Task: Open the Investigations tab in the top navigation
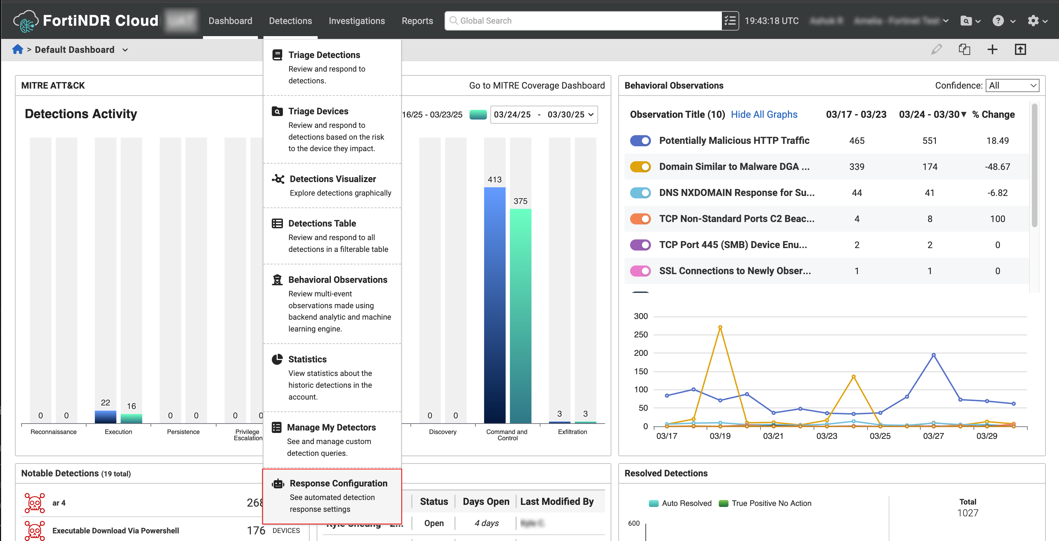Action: pyautogui.click(x=357, y=21)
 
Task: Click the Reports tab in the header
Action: pyautogui.click(x=417, y=21)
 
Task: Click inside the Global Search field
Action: pyautogui.click(x=584, y=21)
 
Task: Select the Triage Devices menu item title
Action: pyautogui.click(x=318, y=112)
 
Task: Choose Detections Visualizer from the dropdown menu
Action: pyautogui.click(x=333, y=179)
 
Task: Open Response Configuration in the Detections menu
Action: pyautogui.click(x=338, y=483)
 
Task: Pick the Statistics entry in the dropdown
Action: pyautogui.click(x=307, y=359)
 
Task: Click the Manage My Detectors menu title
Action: pyautogui.click(x=331, y=427)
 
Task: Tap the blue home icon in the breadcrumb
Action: pyautogui.click(x=18, y=50)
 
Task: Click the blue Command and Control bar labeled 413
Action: pyautogui.click(x=495, y=304)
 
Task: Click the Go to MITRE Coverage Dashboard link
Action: pyautogui.click(x=537, y=85)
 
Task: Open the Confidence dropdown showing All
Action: pyautogui.click(x=1012, y=85)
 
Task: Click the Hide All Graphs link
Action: pyautogui.click(x=764, y=115)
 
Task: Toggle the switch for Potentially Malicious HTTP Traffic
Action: pyautogui.click(x=640, y=141)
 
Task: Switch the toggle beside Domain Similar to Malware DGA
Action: pyautogui.click(x=640, y=167)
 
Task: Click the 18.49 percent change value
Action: pyautogui.click(x=997, y=141)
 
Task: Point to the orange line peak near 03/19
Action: pyautogui.click(x=720, y=328)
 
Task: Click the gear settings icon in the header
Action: pyautogui.click(x=1033, y=21)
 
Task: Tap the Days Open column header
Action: pyautogui.click(x=486, y=501)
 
